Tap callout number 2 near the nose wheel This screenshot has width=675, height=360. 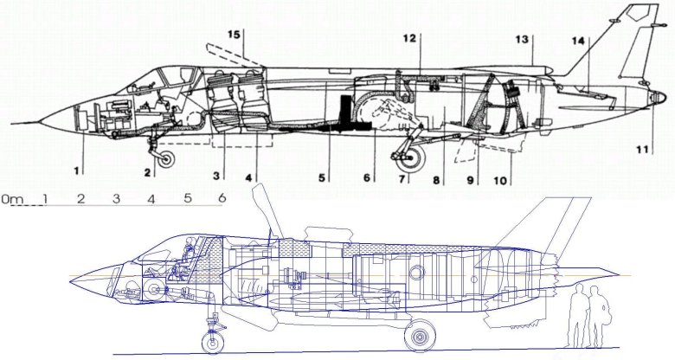coord(148,172)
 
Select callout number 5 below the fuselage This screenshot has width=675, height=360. coord(322,178)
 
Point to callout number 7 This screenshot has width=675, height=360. coord(402,179)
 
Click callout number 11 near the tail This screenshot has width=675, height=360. coord(643,149)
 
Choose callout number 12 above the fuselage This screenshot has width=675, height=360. coord(409,38)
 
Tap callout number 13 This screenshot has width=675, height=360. coord(522,39)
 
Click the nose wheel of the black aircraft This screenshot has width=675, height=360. coord(164,157)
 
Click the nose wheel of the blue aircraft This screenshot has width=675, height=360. coord(212,341)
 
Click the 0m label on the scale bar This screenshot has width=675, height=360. coord(13,200)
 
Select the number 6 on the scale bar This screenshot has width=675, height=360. coord(222,198)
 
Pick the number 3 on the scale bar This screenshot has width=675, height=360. coord(115,199)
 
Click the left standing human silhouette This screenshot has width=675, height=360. coord(576,316)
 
